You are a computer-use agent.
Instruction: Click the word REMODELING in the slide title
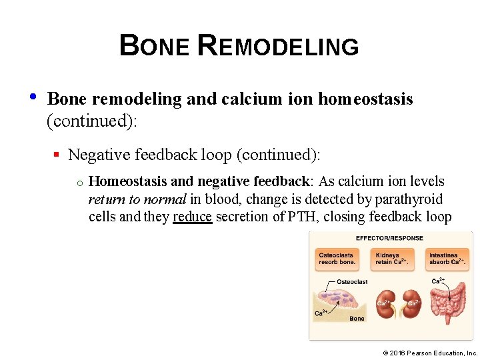[x=279, y=46]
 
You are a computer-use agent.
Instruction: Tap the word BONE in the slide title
[x=156, y=46]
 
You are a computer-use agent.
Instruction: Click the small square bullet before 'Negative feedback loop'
[x=57, y=155]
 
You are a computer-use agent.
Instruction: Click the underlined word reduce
[x=192, y=217]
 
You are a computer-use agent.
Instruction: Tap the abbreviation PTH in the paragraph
[x=300, y=217]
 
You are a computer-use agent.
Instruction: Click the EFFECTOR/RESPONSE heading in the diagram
[x=390, y=238]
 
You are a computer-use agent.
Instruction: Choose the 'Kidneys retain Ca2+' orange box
[x=390, y=259]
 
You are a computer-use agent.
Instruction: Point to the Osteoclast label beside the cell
[x=351, y=282]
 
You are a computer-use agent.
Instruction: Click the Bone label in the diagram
[x=357, y=319]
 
